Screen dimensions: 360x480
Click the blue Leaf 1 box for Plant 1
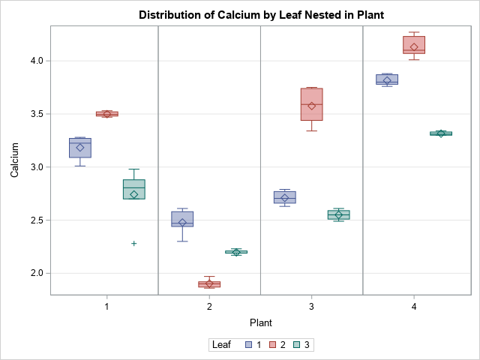80,148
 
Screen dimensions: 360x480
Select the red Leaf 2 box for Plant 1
107,114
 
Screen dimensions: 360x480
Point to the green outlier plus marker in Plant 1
134,243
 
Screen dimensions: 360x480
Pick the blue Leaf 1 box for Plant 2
182,218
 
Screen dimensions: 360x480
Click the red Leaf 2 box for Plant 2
209,284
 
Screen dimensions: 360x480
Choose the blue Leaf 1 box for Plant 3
285,197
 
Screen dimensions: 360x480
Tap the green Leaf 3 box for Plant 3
338,214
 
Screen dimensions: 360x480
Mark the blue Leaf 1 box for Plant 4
387,79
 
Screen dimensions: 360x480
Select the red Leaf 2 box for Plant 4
414,45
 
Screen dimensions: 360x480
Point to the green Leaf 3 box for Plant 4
441,133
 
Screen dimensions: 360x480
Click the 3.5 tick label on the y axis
35,114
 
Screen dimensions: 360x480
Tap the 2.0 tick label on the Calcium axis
35,274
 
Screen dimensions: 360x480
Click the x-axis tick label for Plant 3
311,307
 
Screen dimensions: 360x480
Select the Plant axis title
260,322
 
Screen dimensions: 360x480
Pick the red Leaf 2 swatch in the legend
274,345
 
